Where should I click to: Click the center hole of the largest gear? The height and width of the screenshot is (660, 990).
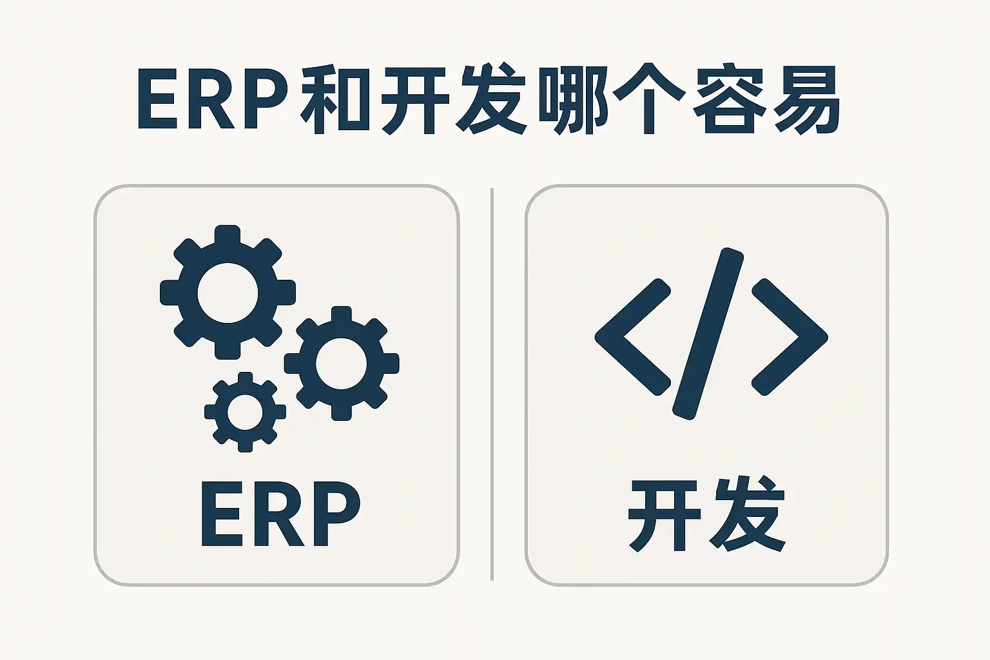tap(228, 293)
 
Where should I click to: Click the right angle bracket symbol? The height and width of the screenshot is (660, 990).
tap(790, 336)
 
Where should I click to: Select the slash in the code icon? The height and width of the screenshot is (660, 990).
tap(708, 334)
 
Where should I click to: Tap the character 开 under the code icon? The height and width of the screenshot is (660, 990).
tap(665, 516)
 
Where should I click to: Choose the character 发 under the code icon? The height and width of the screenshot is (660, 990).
tap(748, 516)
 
